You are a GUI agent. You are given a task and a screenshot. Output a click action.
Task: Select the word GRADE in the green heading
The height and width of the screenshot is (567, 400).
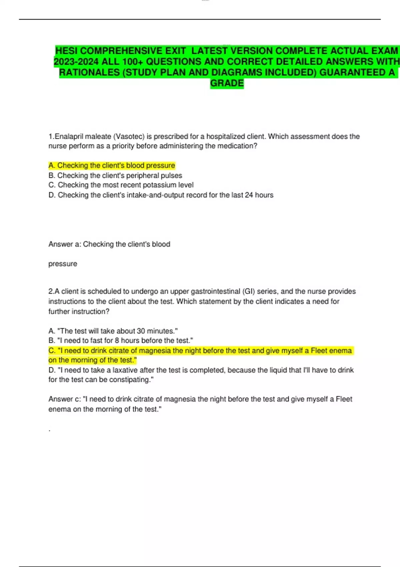227,83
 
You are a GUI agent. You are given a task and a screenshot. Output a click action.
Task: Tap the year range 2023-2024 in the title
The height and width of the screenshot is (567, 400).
76,62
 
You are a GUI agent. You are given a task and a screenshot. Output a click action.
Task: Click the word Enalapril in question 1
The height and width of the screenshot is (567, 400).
68,136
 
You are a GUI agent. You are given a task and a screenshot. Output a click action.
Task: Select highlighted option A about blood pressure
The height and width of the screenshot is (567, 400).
112,165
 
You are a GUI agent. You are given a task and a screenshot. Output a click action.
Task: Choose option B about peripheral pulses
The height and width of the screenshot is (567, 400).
115,175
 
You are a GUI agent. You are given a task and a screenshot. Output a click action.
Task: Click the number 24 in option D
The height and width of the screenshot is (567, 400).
249,195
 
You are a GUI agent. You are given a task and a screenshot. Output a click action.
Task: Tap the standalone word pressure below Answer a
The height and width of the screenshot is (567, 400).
63,264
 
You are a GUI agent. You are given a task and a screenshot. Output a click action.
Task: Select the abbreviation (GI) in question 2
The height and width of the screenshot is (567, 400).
249,292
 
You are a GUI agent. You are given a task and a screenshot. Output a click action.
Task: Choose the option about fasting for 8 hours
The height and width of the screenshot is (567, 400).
121,341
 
